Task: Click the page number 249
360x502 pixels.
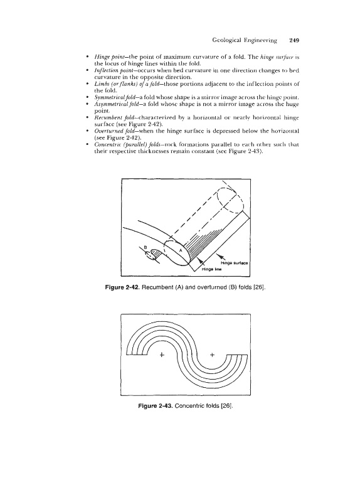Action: [294, 40]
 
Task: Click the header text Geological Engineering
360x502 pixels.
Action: [245, 41]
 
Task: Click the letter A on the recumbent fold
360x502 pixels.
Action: [181, 250]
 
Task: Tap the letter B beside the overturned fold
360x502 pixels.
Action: [145, 247]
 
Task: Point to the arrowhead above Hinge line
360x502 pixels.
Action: [199, 260]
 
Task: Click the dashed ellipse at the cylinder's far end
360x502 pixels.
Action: [231, 199]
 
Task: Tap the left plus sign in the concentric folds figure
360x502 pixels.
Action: [162, 355]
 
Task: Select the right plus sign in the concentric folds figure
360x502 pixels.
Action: [212, 355]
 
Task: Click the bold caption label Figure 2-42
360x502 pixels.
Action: [122, 287]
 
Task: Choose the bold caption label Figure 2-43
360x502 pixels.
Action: [156, 406]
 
